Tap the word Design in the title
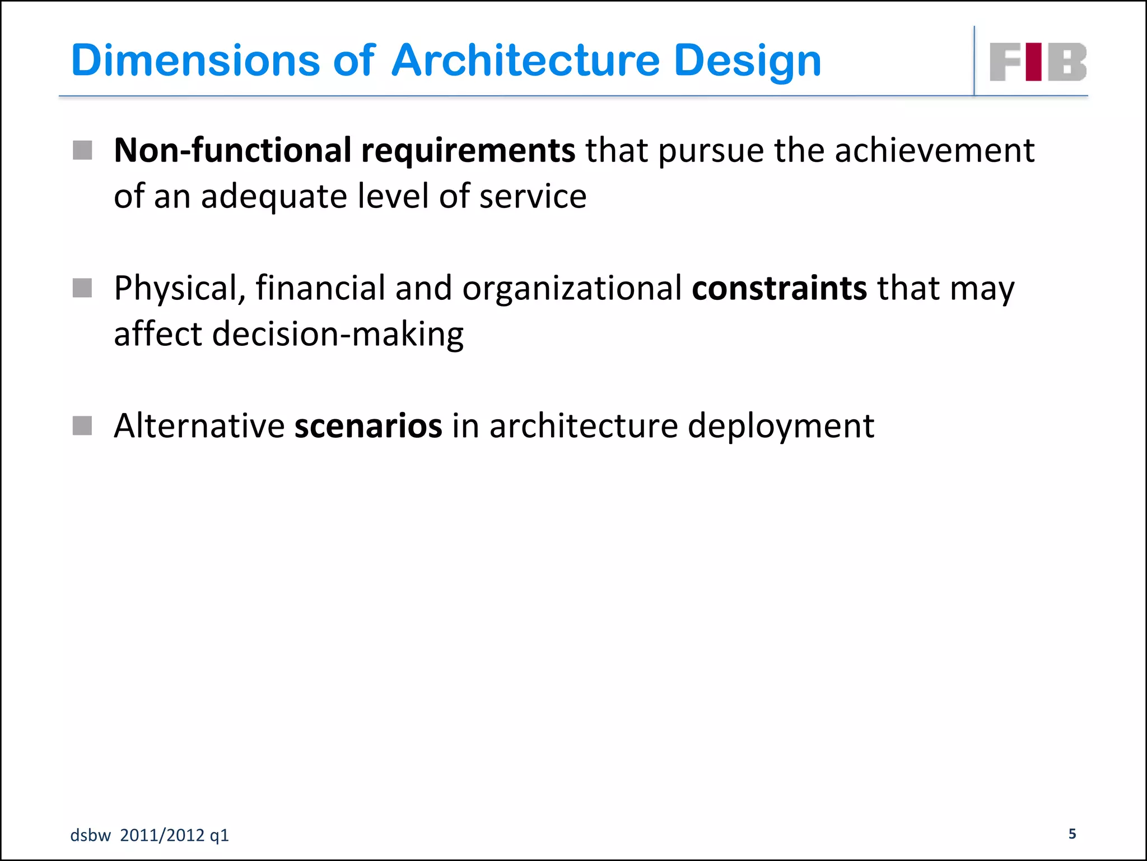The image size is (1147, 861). coord(747,62)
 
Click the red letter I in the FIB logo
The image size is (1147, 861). coord(1034,62)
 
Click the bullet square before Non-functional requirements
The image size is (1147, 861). coord(82,150)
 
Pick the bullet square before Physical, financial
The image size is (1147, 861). coord(82,288)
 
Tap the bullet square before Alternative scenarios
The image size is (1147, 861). coord(82,425)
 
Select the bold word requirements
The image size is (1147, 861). coord(468,151)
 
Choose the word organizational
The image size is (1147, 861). coord(571,289)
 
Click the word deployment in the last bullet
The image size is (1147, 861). coord(780,427)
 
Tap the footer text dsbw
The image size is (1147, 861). coord(90,835)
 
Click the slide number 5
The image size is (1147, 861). coord(1072,834)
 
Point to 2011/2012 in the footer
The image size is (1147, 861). coord(162,835)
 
